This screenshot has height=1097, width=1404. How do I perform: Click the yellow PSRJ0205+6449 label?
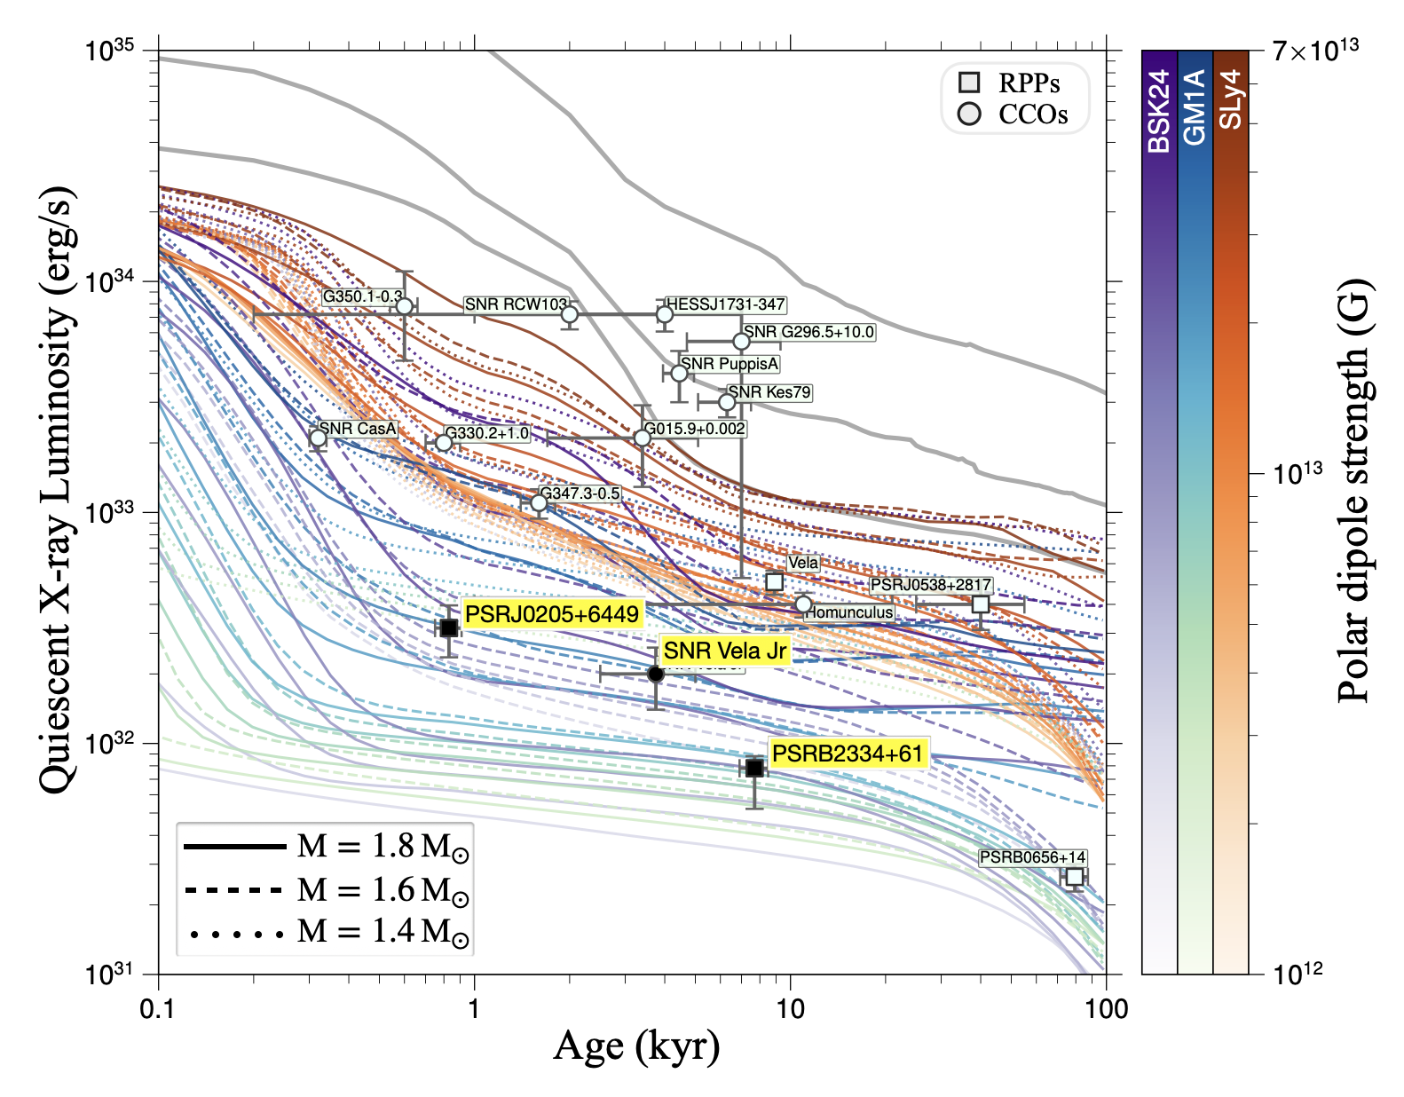551,614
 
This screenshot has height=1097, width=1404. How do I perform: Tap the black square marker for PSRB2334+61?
754,768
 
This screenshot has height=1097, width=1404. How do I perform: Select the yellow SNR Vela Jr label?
724,651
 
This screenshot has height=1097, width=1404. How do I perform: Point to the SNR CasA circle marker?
318,438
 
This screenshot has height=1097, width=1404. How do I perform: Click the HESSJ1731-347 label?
725,304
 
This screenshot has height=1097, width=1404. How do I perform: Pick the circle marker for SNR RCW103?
570,314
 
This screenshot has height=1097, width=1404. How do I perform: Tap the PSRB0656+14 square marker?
1075,877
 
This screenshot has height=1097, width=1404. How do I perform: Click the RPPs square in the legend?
970,83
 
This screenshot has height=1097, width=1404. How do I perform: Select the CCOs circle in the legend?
970,114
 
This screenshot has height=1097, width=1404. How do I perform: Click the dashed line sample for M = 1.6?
234,889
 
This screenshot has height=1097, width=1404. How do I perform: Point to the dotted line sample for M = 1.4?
234,932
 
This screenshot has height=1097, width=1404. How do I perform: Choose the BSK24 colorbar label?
1159,112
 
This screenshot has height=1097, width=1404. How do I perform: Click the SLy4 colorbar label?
1230,100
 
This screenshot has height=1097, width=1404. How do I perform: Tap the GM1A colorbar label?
1195,107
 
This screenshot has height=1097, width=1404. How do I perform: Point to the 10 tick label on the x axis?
790,1009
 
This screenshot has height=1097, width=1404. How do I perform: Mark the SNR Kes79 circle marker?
727,402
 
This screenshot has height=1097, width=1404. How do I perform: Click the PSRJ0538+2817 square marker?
981,604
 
